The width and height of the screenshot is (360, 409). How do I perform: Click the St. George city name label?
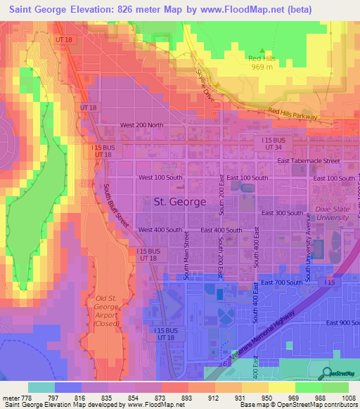click(179, 202)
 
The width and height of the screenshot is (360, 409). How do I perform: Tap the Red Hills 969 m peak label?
click(261, 63)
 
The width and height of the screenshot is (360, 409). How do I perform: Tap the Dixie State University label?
click(332, 213)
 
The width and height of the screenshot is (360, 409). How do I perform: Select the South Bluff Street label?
click(117, 204)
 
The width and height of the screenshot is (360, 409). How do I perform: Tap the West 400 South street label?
click(160, 230)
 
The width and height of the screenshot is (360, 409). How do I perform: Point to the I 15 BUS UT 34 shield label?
click(267, 143)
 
